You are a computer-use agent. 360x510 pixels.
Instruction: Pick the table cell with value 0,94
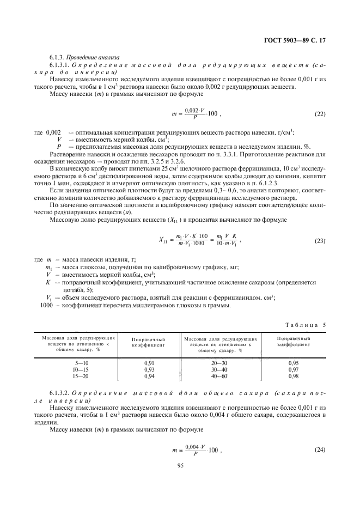(148, 376)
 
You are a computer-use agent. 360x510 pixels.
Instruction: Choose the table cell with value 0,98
(293, 376)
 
